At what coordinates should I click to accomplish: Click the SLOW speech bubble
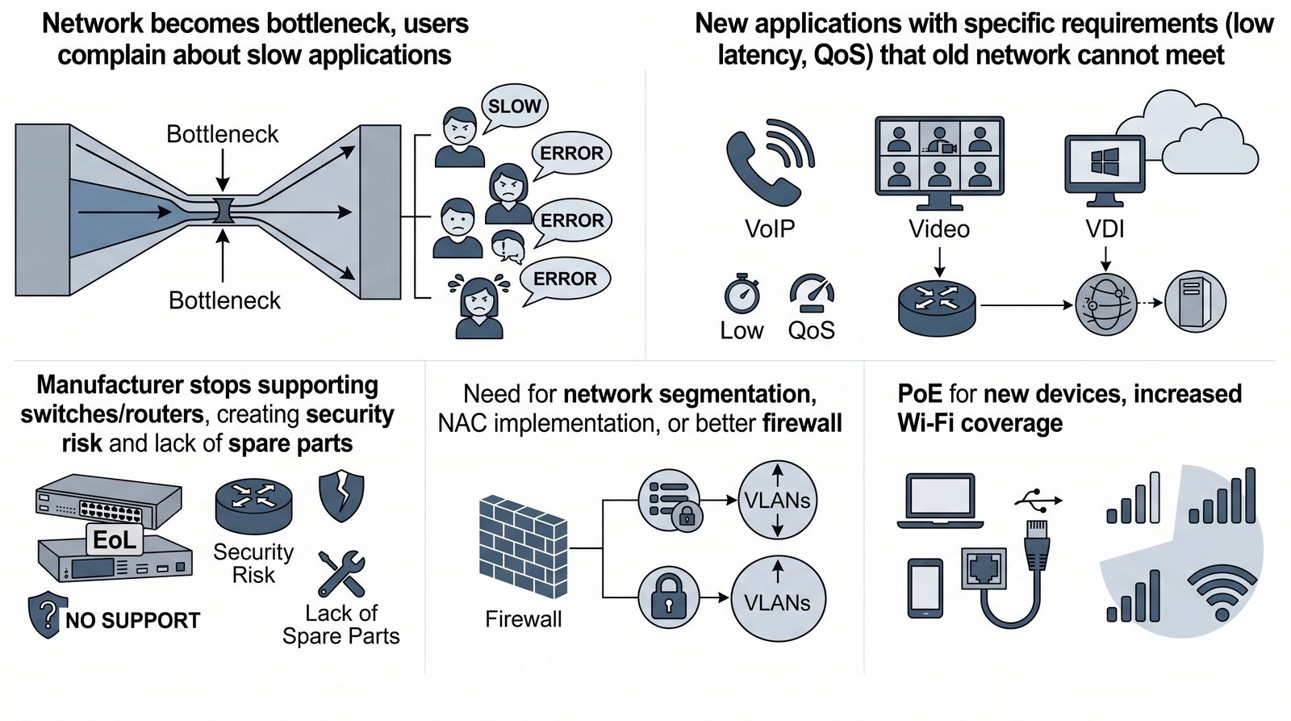click(x=514, y=106)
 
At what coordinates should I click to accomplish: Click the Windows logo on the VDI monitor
click(x=1105, y=162)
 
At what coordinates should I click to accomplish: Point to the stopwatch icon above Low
click(x=742, y=295)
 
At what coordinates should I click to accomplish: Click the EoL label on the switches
click(x=115, y=539)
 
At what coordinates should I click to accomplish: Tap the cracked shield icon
click(x=341, y=496)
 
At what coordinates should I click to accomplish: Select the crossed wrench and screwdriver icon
click(x=341, y=573)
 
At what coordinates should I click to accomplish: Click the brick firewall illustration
click(x=523, y=548)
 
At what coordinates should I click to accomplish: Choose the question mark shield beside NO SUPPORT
click(x=46, y=616)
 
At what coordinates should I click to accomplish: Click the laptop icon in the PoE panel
click(x=940, y=501)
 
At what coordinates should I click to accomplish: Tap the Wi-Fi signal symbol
click(x=1222, y=593)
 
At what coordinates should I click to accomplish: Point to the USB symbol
click(x=1038, y=501)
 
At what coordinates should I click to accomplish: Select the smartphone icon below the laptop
click(x=925, y=588)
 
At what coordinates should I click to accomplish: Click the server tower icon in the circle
click(x=1195, y=302)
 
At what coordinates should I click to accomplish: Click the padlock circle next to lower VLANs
click(x=668, y=598)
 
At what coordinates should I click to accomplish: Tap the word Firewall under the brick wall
click(x=523, y=619)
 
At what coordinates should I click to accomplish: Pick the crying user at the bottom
click(x=479, y=306)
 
